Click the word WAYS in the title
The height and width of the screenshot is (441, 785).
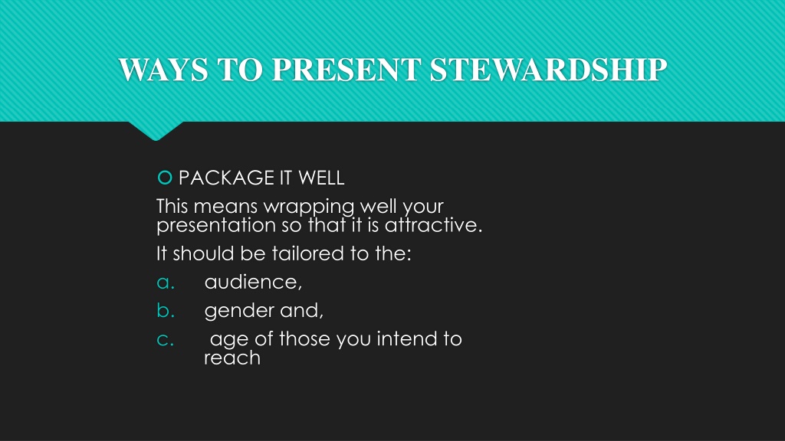coord(163,69)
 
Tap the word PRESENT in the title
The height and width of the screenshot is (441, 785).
coord(346,69)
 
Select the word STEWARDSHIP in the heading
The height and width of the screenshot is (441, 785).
coord(548,69)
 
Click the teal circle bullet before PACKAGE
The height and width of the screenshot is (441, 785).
coord(165,178)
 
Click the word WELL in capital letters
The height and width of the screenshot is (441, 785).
coord(321,178)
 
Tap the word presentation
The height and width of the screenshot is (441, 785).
coord(215,226)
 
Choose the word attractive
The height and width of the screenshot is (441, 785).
coord(434,225)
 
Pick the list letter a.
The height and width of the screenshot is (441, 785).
coord(166,283)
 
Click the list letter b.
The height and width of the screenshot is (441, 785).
coord(166,311)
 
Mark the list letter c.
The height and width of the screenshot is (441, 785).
coord(166,340)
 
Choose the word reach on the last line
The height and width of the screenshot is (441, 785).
coord(232,358)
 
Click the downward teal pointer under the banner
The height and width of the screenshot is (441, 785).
coord(156,130)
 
